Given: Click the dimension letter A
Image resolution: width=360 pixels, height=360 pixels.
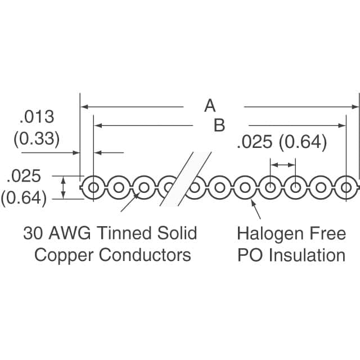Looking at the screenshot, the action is [210, 106].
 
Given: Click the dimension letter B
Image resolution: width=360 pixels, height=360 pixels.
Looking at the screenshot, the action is [219, 125].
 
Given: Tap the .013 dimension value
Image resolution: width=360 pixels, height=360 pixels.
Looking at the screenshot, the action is [37, 116].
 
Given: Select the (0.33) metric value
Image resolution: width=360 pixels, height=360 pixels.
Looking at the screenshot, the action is [37, 139].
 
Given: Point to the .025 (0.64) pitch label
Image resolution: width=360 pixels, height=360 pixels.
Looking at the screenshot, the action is [282, 142].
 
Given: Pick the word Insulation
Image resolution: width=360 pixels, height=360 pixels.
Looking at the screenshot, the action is [308, 255].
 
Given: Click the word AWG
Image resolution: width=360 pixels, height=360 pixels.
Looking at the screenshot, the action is [70, 233].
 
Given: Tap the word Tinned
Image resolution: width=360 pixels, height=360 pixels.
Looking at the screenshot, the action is [124, 233].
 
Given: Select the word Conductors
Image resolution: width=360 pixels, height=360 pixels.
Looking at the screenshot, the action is [145, 255].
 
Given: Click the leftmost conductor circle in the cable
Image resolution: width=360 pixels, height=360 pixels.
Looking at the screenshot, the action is [93, 187].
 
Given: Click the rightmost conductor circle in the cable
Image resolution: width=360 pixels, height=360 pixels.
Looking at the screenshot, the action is [346, 187].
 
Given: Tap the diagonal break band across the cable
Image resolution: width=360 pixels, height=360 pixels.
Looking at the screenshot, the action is [185, 179].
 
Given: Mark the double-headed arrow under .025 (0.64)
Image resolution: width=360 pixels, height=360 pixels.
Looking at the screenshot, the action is [283, 165].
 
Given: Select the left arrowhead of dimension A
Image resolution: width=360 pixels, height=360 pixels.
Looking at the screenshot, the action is [84, 107].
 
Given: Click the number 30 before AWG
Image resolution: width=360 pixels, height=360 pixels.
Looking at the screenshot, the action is [33, 233].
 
